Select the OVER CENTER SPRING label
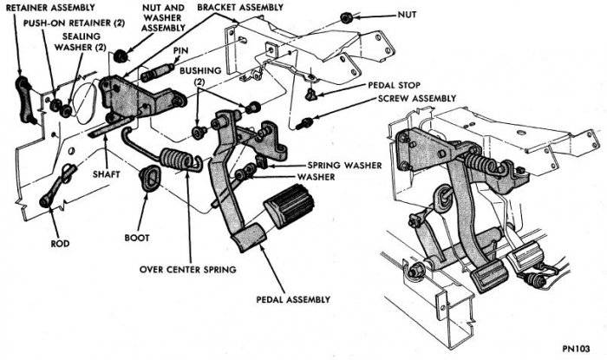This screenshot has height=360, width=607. click(188, 269)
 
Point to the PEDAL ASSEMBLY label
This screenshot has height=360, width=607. click(292, 299)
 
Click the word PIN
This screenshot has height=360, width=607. click(181, 51)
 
